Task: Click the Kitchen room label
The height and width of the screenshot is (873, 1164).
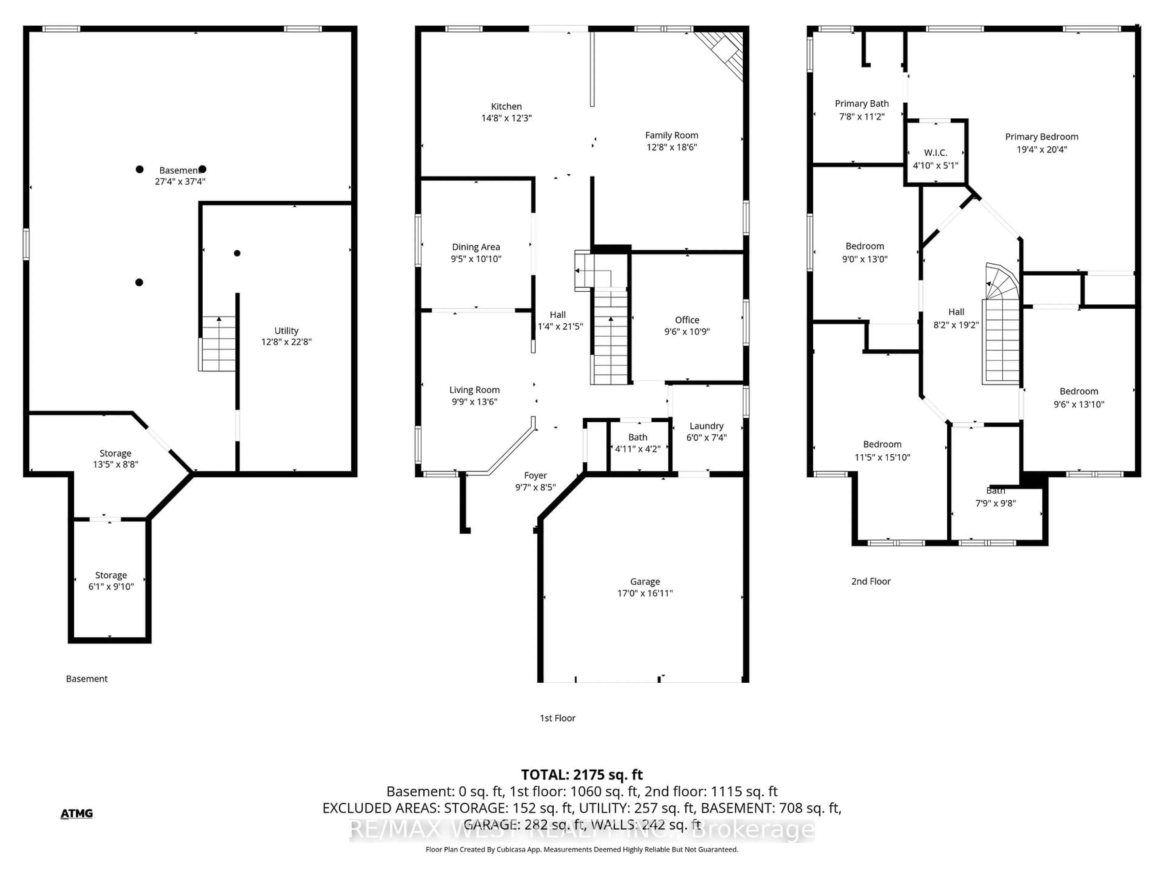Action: click(x=506, y=106)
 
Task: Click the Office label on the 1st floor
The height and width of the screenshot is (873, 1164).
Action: click(x=687, y=320)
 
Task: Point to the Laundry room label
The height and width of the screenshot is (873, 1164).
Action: click(x=706, y=426)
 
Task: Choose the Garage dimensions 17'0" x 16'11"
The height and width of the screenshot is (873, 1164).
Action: click(x=645, y=593)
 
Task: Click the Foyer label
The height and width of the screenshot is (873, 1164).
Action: click(x=535, y=475)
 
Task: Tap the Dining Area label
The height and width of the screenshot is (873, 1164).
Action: click(x=476, y=247)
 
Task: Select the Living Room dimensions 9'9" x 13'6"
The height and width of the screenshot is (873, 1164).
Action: click(x=474, y=402)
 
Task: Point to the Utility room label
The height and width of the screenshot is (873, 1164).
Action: click(x=286, y=330)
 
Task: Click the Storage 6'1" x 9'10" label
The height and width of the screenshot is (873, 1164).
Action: click(x=111, y=575)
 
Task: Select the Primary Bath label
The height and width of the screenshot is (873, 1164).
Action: click(x=861, y=104)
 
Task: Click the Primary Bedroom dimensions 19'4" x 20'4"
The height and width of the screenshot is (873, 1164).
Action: click(x=1042, y=149)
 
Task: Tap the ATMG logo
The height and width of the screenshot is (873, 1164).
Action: click(x=77, y=814)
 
